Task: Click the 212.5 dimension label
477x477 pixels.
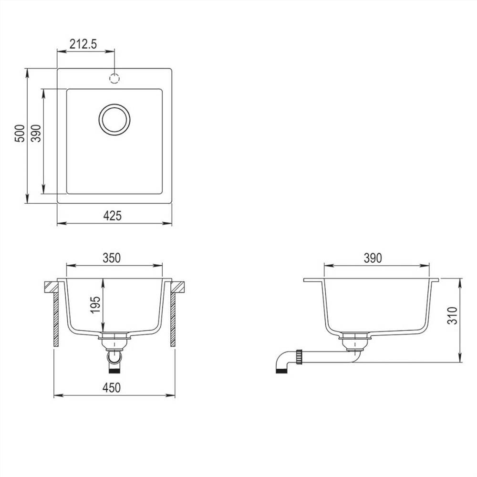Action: pos(83,44)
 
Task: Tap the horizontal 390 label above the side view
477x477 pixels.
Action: pos(373,258)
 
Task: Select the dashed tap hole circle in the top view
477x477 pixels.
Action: pos(114,78)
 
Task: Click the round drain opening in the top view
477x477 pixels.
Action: pos(114,119)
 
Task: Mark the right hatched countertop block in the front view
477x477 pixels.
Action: pos(177,287)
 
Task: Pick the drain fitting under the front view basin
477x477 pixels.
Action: pos(114,340)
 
